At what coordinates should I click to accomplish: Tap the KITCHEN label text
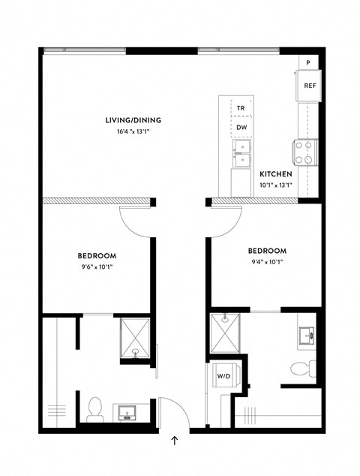click(276, 173)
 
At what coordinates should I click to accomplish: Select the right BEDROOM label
click(267, 251)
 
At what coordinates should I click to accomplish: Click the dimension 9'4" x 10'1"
click(267, 261)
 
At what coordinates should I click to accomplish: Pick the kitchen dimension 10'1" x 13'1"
click(276, 185)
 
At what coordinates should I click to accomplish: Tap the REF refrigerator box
click(310, 86)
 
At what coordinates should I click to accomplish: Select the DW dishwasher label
click(241, 127)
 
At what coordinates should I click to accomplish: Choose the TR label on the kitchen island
click(241, 109)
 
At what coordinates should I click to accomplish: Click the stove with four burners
click(307, 152)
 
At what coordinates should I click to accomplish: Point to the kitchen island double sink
click(241, 156)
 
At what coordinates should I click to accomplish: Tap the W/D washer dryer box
click(224, 375)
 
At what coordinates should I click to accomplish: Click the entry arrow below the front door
click(175, 441)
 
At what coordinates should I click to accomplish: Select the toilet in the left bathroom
click(95, 408)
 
